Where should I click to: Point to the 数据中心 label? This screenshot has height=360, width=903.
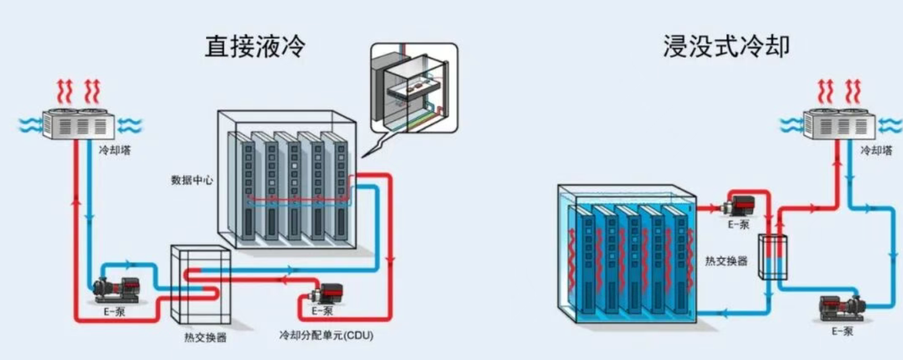coord(192,181)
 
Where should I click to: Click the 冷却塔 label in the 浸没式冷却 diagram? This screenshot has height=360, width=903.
coord(876,151)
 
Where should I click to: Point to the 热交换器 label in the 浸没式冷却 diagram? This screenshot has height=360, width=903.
coord(726,261)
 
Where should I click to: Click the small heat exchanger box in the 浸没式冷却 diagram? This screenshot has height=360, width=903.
coord(772,256)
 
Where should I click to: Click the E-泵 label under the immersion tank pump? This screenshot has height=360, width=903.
coord(739,224)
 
